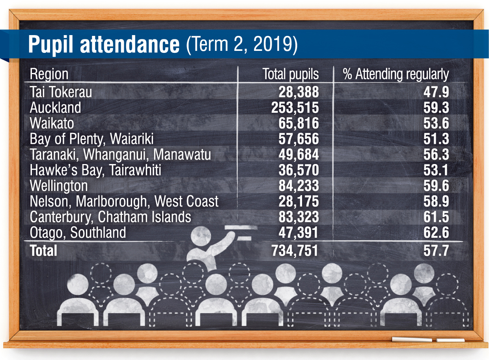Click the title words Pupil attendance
(103, 45)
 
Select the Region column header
(49, 74)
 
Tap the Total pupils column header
(291, 74)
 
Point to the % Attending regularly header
(396, 74)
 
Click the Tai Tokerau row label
(61, 92)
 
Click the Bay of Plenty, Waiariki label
(91, 139)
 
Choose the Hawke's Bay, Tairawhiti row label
(95, 170)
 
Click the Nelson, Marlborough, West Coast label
(124, 201)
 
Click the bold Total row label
(43, 251)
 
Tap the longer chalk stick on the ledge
(411, 339)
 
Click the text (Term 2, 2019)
(241, 45)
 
